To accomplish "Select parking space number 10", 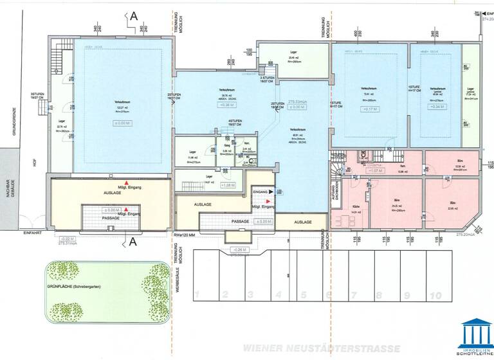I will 435,295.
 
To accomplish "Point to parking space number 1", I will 199,295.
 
